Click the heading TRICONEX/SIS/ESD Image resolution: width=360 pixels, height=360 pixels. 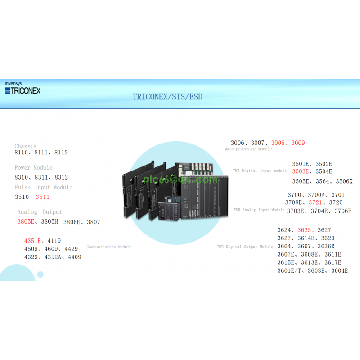167,97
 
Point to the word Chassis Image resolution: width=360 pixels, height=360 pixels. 25,146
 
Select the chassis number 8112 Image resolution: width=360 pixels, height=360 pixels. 61,153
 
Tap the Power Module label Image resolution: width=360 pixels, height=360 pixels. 33,168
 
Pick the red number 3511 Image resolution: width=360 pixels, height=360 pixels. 43,197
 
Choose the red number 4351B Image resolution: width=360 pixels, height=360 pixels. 33,241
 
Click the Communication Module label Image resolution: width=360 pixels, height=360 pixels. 109,247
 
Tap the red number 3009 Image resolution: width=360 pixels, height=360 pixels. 298,143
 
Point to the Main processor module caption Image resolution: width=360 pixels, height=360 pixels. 248,149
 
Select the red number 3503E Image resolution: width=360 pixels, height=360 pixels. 301,171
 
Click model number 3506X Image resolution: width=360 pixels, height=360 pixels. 344,181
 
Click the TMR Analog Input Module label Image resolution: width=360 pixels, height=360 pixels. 259,210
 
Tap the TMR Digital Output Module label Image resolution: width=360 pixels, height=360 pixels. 245,247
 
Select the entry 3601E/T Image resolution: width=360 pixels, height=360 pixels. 291,270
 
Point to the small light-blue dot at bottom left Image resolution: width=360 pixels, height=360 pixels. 40,274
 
